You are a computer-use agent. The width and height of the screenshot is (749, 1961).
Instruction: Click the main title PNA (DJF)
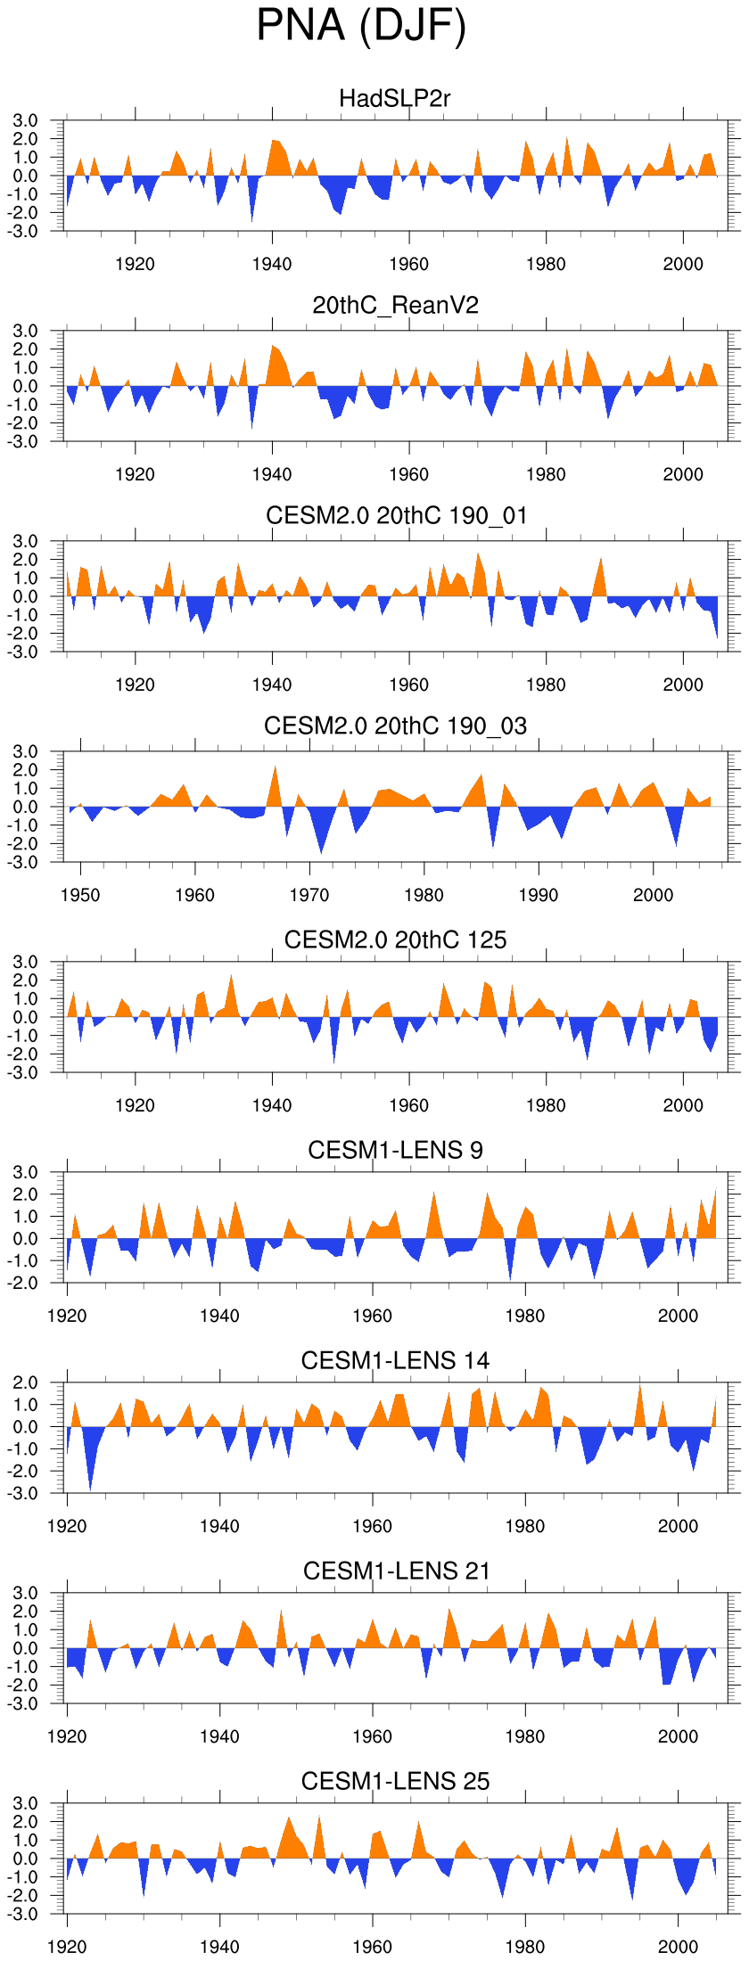(x=361, y=26)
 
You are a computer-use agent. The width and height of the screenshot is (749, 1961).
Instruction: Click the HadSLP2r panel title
(x=395, y=98)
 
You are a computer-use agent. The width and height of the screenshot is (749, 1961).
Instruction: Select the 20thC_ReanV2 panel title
(x=395, y=306)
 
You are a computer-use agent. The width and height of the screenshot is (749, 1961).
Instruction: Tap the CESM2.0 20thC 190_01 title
(x=396, y=515)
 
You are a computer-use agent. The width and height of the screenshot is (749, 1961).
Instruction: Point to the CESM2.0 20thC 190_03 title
(x=395, y=726)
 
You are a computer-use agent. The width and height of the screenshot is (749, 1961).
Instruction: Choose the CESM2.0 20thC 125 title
(x=395, y=939)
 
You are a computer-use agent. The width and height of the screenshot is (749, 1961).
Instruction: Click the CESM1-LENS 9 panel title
(x=395, y=1150)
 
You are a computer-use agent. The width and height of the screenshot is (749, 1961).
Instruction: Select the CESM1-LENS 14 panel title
(x=395, y=1360)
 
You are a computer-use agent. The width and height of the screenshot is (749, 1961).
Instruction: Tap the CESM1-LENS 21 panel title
(x=396, y=1571)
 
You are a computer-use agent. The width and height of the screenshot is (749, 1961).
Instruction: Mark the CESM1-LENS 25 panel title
(x=395, y=1781)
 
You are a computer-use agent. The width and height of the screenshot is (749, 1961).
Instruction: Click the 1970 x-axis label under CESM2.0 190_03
(x=309, y=895)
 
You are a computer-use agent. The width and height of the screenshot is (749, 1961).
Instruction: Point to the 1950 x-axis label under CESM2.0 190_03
(x=80, y=895)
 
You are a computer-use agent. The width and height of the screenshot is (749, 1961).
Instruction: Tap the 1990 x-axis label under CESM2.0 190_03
(x=539, y=895)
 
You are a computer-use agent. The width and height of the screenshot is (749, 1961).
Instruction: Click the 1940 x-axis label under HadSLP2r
(x=272, y=264)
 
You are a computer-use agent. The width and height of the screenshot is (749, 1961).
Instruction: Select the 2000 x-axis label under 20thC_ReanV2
(x=683, y=474)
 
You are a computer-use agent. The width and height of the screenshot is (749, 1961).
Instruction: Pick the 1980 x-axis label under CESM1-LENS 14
(x=525, y=1526)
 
